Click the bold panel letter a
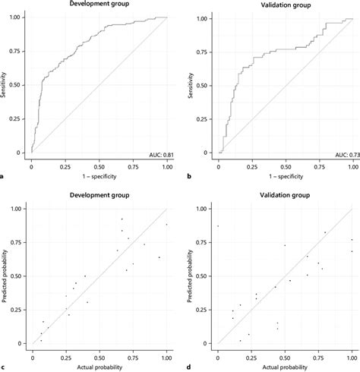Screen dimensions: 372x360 click(x=4, y=176)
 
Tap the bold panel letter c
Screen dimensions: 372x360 click(x=4, y=367)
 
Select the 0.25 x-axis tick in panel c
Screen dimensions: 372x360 click(x=65, y=356)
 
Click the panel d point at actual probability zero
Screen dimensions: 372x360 click(x=218, y=226)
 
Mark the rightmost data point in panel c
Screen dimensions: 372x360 click(x=166, y=224)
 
